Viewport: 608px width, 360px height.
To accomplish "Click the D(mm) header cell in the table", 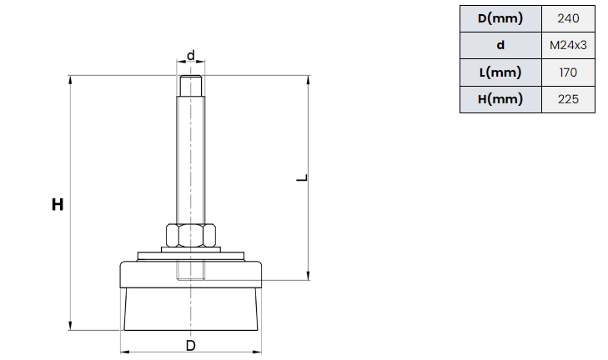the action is click(500, 18).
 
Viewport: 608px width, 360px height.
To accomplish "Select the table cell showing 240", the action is click(568, 18).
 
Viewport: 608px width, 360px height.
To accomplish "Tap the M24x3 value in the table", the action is click(568, 45).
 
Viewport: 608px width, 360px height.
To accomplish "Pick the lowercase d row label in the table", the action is click(500, 45).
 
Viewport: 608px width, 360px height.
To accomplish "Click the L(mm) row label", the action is click(500, 72).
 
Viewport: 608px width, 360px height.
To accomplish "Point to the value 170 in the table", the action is click(568, 72).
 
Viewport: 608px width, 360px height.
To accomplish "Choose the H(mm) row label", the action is click(500, 99).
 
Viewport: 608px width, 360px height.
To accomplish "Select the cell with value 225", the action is click(568, 99).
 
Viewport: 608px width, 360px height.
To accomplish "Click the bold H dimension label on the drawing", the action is click(58, 204).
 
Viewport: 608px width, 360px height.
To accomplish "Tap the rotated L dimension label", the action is click(302, 177).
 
